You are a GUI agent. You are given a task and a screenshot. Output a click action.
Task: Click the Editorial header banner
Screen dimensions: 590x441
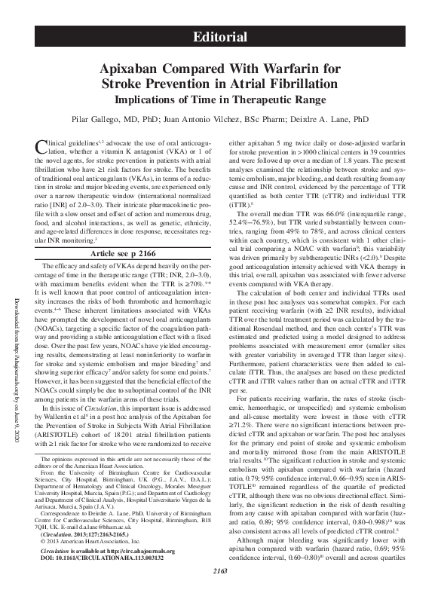220,37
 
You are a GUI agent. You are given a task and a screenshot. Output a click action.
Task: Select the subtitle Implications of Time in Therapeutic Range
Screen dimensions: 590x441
220,99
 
